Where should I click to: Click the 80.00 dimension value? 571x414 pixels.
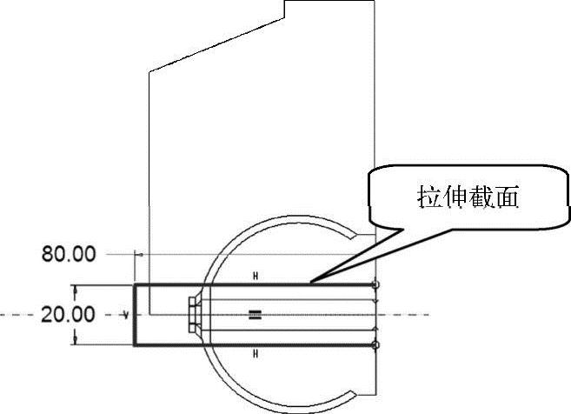69,255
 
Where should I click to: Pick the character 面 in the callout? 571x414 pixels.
510,198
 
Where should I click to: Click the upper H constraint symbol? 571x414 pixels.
256,276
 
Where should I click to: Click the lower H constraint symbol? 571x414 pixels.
256,354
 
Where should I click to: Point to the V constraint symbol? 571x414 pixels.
126,313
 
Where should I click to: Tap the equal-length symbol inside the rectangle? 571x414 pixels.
255,315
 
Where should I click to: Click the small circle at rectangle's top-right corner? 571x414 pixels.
375,284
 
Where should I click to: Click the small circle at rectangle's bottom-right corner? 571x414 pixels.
375,346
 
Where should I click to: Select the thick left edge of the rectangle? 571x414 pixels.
135,315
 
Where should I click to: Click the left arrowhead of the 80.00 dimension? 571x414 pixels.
139,254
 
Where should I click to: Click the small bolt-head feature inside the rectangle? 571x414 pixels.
195,314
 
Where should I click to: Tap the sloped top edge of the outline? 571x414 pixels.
217,42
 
